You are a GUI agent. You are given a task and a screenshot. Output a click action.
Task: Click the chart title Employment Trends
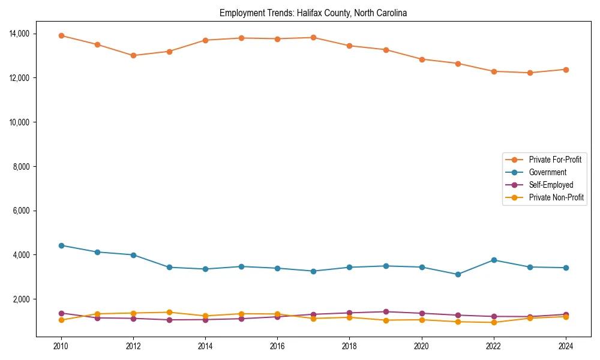pyautogui.click(x=313, y=13)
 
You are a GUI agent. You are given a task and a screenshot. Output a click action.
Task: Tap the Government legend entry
pyautogui.click(x=547, y=172)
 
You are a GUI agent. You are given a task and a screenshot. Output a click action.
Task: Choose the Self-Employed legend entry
pyautogui.click(x=551, y=185)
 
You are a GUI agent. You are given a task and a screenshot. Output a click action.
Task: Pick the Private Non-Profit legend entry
pyautogui.click(x=556, y=197)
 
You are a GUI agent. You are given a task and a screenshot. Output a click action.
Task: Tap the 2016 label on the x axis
pyautogui.click(x=277, y=346)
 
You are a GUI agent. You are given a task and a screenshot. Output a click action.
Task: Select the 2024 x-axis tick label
pyautogui.click(x=565, y=346)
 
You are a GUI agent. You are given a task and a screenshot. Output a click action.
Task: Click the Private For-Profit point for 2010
pyautogui.click(x=61, y=35)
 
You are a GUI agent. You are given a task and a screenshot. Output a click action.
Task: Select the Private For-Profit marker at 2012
pyautogui.click(x=133, y=55)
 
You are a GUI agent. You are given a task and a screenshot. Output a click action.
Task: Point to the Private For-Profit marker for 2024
pyautogui.click(x=565, y=70)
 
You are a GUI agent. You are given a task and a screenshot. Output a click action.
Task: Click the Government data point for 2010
pyautogui.click(x=61, y=245)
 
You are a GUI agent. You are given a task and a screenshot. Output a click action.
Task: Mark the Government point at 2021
pyautogui.click(x=457, y=274)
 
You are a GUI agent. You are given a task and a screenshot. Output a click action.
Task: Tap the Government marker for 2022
pyautogui.click(x=493, y=260)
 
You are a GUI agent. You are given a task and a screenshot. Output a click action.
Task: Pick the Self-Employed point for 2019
pyautogui.click(x=385, y=311)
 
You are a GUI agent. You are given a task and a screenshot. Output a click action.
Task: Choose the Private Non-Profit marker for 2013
pyautogui.click(x=169, y=312)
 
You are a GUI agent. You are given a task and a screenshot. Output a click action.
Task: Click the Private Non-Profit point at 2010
pyautogui.click(x=61, y=320)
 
